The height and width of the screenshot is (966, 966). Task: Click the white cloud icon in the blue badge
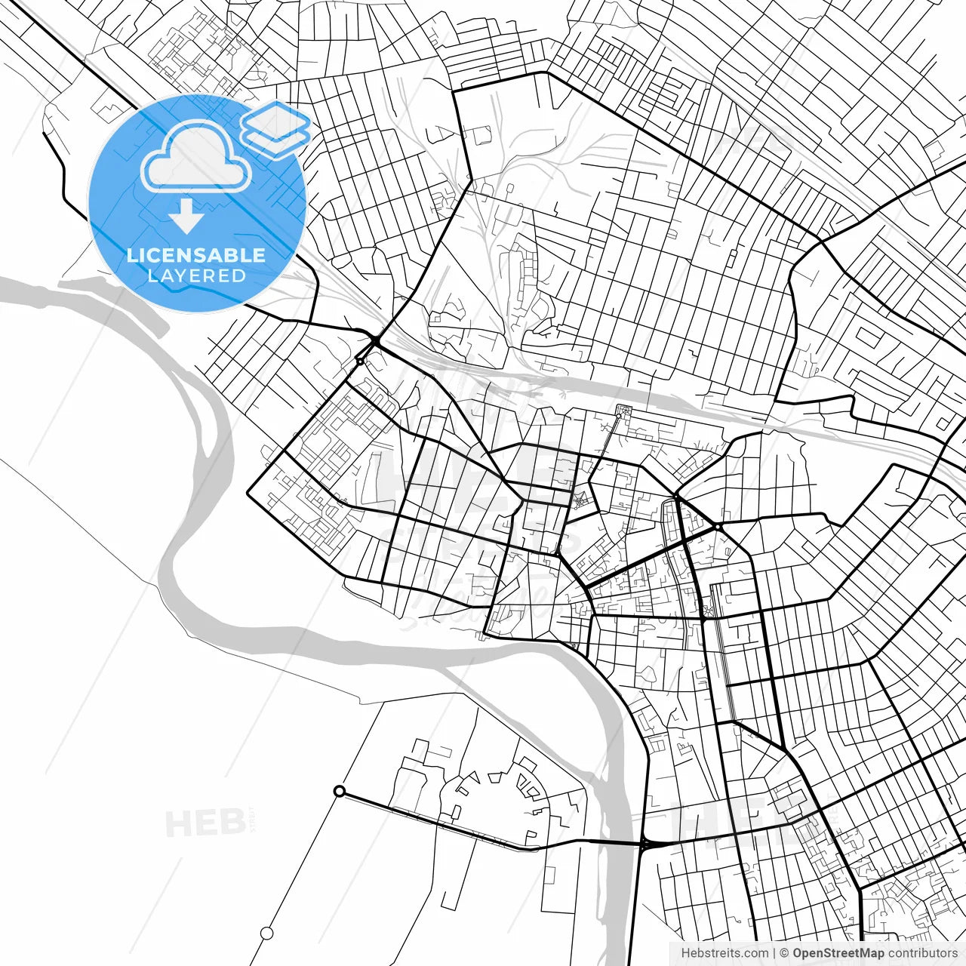pyautogui.click(x=196, y=157)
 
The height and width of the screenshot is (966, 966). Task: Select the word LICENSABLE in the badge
pyautogui.click(x=196, y=255)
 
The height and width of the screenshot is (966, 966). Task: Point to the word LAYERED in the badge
pyautogui.click(x=196, y=276)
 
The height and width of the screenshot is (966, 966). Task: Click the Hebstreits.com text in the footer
pyautogui.click(x=724, y=953)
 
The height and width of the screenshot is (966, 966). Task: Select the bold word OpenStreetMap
pyautogui.click(x=838, y=953)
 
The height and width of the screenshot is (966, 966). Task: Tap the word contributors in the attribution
pyautogui.click(x=922, y=953)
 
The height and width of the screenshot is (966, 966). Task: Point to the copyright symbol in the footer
pyautogui.click(x=784, y=953)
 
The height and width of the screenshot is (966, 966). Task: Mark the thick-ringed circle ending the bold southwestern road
pyautogui.click(x=340, y=791)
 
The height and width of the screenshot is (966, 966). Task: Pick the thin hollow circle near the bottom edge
pyautogui.click(x=266, y=934)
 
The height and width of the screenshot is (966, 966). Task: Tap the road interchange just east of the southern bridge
pyautogui.click(x=646, y=844)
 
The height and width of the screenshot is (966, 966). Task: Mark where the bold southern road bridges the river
pyautogui.click(x=619, y=842)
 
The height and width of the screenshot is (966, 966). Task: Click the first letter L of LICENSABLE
pyautogui.click(x=132, y=255)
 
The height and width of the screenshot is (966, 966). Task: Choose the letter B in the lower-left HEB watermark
pyautogui.click(x=228, y=823)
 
